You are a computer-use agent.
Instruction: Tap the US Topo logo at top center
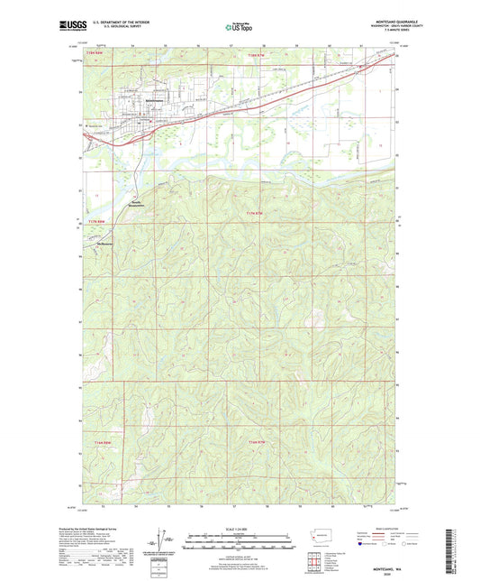(239, 28)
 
